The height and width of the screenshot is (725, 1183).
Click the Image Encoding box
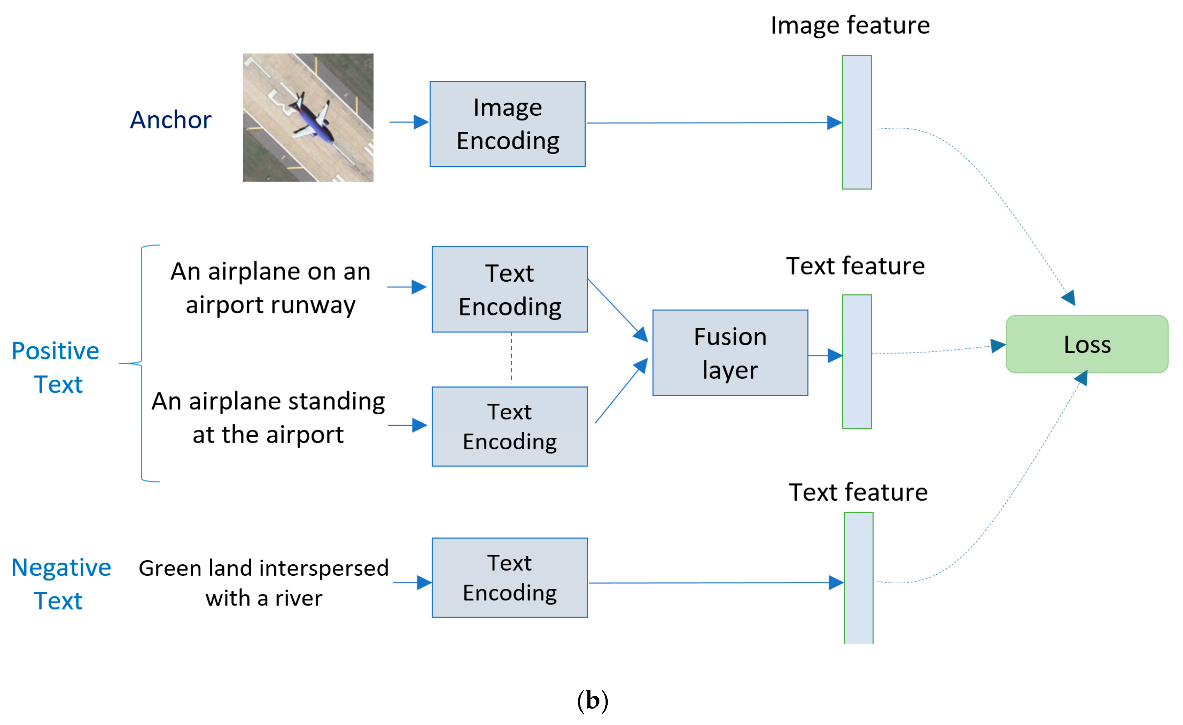(x=507, y=124)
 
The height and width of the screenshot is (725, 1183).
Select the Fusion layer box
(x=730, y=353)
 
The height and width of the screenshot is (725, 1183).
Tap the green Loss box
(x=1087, y=344)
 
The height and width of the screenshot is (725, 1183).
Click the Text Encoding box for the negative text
(x=509, y=577)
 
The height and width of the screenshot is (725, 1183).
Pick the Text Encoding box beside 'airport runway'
(x=509, y=289)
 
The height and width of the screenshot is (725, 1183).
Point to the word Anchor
(x=171, y=120)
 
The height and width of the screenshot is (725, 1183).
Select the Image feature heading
(x=850, y=25)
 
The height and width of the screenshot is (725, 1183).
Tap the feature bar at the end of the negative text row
(x=858, y=577)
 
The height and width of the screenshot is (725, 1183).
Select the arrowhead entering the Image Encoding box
(x=421, y=122)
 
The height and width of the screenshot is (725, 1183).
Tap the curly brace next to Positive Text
(x=141, y=363)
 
